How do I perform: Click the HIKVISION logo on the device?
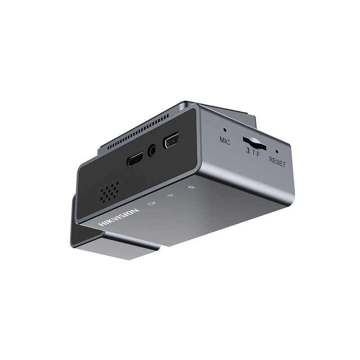119,217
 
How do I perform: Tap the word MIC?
225,140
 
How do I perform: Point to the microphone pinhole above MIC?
225,130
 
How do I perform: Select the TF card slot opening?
255,143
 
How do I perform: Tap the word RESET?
277,162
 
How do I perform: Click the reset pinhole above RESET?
277,152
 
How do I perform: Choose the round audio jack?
152,150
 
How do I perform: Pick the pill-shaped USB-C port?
135,159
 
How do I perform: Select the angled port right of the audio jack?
171,140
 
